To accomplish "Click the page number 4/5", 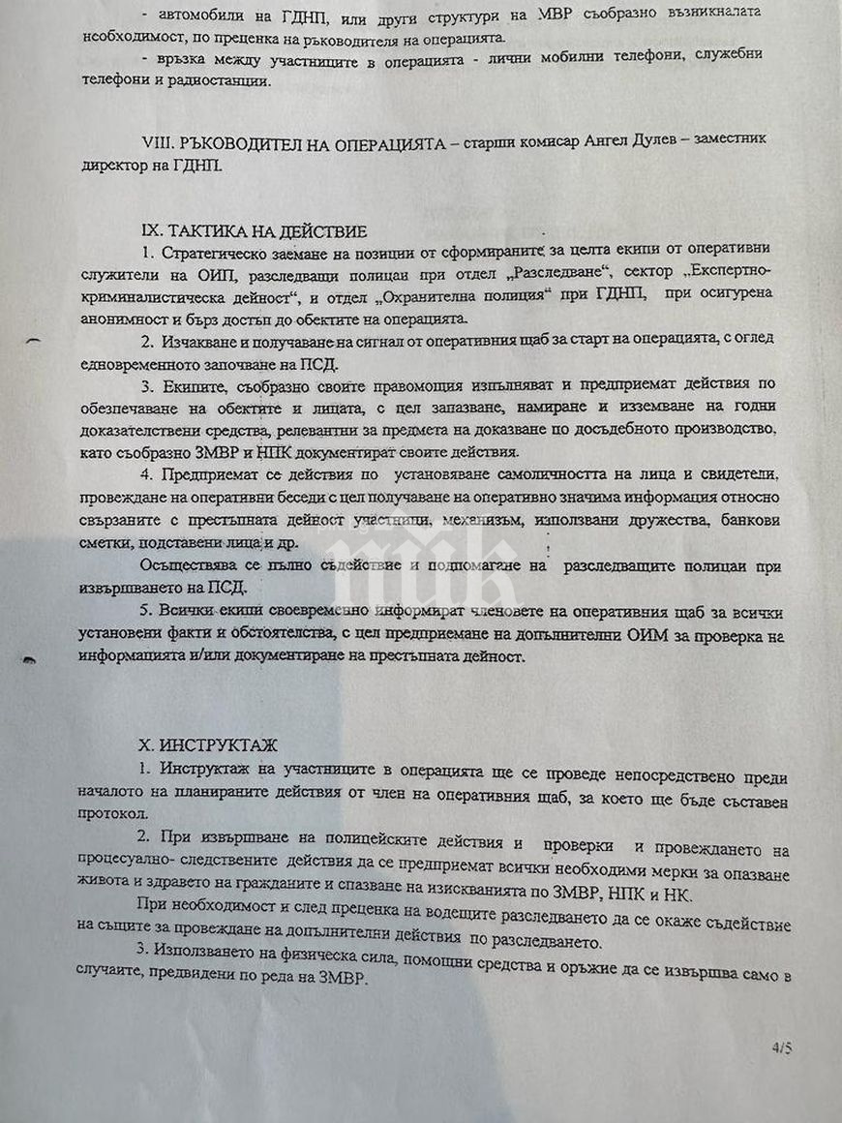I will (781, 1047).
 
